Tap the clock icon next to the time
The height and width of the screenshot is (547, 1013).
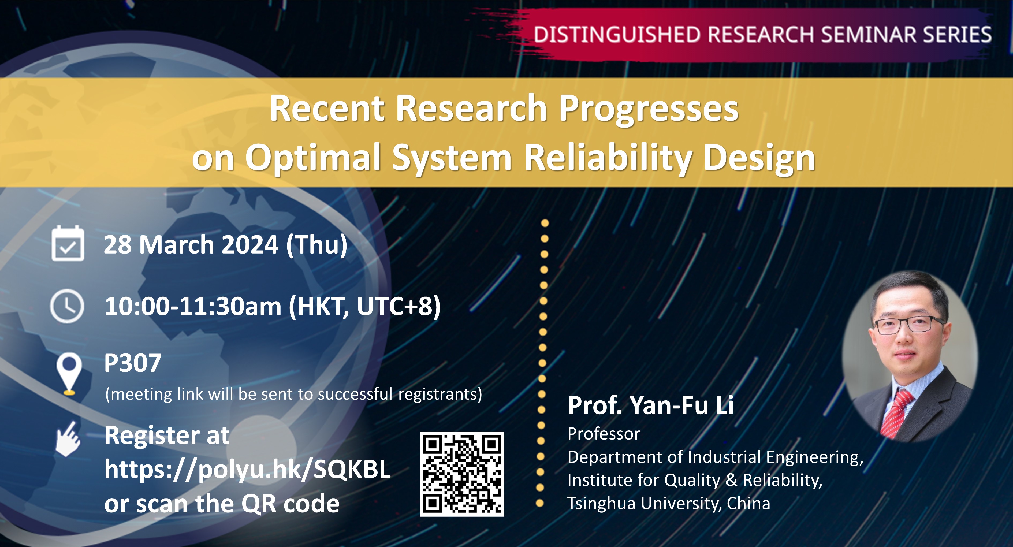coord(67,306)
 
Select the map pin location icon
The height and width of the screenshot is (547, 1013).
coord(69,373)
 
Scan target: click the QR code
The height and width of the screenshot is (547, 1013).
coord(462,474)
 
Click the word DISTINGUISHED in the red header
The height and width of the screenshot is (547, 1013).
coord(617,35)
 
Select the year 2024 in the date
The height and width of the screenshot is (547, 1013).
coord(250,245)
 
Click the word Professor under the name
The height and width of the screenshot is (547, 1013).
coord(604,434)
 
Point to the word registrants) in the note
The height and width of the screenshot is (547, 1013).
coord(440,394)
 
